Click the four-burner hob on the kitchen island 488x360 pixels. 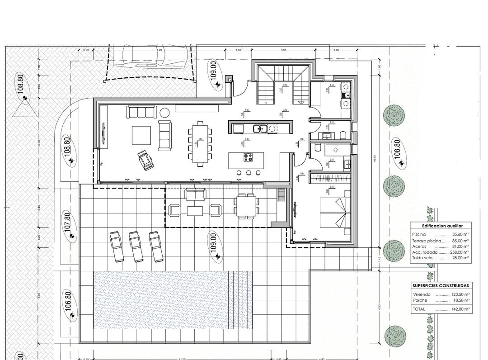coord(248,157)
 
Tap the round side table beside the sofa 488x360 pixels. coord(164,112)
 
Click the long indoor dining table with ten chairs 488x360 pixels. coord(199,142)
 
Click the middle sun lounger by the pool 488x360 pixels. coord(136,246)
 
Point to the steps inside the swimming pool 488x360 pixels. coord(240,300)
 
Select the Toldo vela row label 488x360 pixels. coord(422,258)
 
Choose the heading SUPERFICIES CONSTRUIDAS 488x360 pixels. coord(441,286)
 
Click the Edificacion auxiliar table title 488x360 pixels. coord(440,225)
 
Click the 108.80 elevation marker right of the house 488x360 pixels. coord(397,152)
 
